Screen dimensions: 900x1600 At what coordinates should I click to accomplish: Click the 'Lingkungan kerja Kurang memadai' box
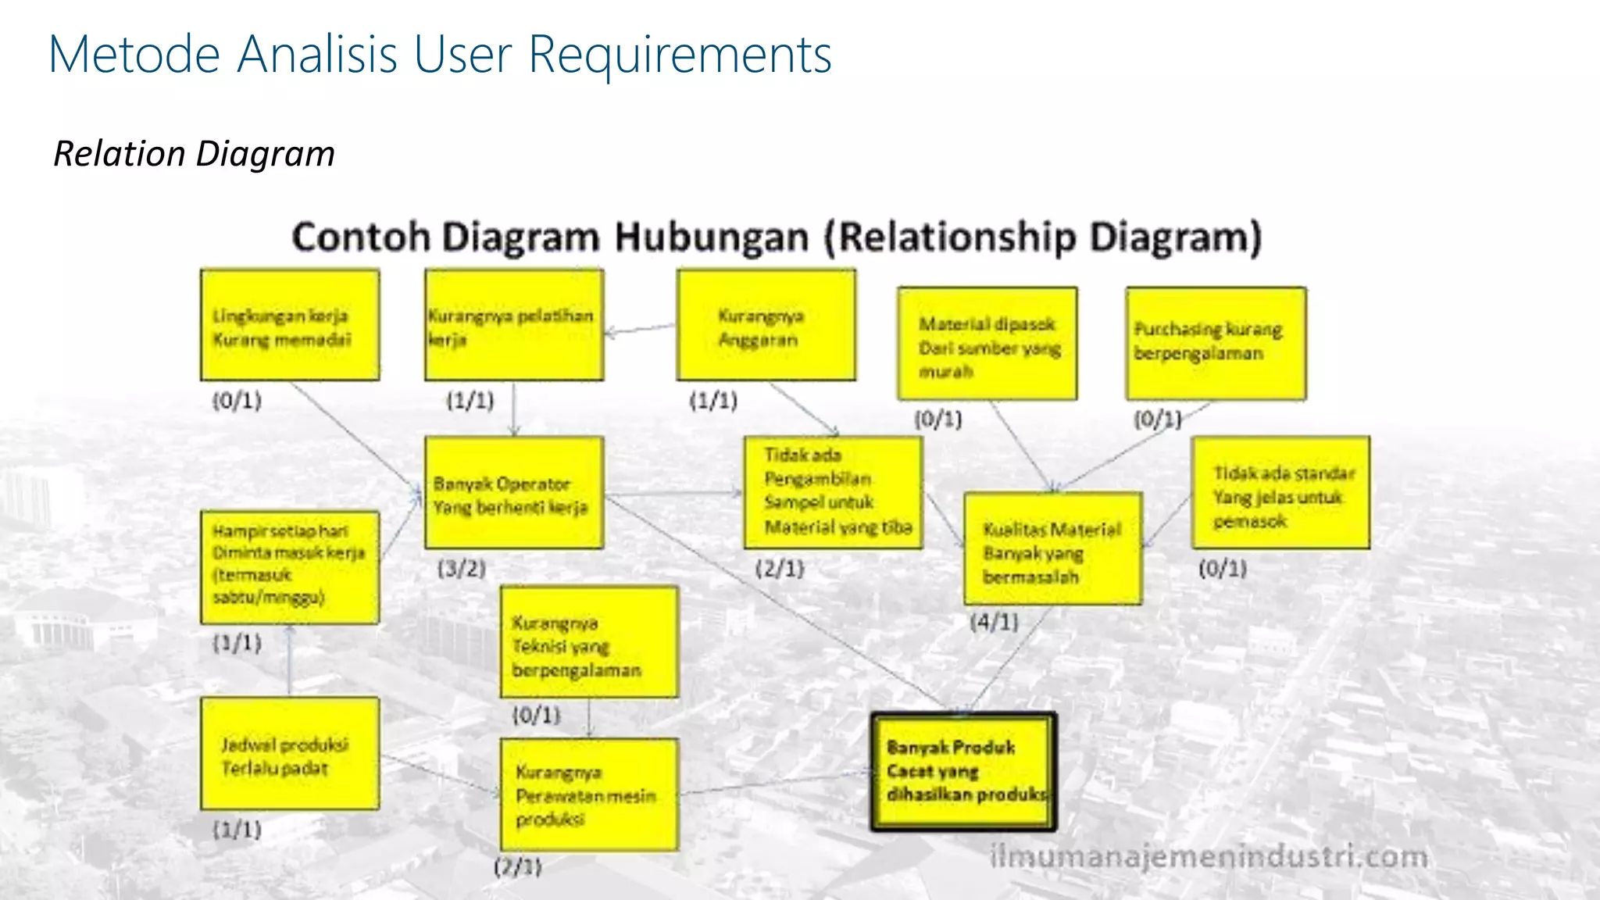(x=290, y=325)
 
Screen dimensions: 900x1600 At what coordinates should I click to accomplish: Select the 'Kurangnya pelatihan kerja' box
(x=514, y=325)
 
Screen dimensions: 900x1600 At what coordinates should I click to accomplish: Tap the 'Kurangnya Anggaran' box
(x=766, y=325)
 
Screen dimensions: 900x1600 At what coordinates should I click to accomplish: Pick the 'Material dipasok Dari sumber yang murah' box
(x=987, y=344)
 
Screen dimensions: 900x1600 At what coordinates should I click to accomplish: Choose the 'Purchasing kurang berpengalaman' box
(x=1216, y=344)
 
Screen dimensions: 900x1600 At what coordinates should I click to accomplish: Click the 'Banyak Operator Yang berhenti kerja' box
(x=514, y=492)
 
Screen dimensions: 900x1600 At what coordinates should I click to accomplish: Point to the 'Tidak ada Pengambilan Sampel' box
(x=833, y=492)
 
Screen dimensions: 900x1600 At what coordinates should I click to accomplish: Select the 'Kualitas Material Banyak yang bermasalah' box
(x=1053, y=548)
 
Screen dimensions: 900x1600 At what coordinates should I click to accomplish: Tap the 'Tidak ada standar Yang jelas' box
(x=1280, y=492)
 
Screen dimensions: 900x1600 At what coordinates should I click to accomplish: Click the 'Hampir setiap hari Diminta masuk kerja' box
(x=290, y=567)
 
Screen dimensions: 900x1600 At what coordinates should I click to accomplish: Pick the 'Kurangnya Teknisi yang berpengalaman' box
(x=589, y=642)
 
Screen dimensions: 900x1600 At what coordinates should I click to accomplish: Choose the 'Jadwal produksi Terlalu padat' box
(x=290, y=753)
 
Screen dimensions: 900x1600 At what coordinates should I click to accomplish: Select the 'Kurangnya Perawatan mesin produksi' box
(x=589, y=794)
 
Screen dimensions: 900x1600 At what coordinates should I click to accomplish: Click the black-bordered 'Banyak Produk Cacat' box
(x=964, y=771)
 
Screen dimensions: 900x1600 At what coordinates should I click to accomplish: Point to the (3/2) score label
(x=462, y=568)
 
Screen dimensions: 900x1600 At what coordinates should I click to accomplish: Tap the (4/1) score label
(x=994, y=623)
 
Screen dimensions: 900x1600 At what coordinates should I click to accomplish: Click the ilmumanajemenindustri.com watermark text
(x=1208, y=857)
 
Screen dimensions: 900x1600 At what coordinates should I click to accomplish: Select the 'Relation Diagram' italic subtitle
(x=194, y=153)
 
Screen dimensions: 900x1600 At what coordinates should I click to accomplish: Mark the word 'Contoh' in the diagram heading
(x=360, y=237)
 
